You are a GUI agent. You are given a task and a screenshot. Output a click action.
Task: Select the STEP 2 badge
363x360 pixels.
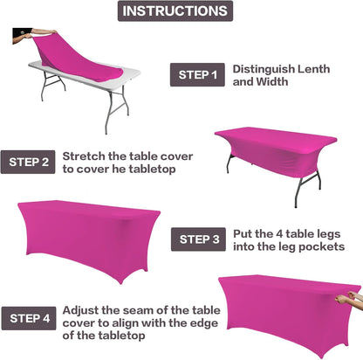tap(31, 162)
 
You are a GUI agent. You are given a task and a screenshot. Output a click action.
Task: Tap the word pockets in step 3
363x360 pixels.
tap(324, 247)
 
